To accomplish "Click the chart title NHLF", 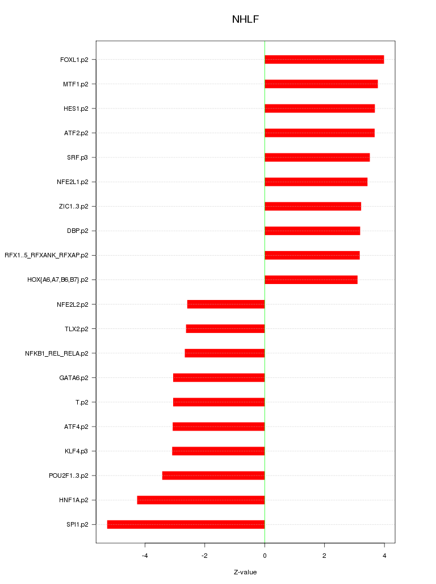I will point(245,20).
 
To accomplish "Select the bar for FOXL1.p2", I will point(324,60).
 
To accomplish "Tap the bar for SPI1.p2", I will point(186,524).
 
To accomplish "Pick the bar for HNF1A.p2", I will point(200,500).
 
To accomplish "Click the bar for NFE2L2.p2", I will point(226,304).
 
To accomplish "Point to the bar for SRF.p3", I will point(317,157).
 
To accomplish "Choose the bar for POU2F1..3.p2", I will point(213,475).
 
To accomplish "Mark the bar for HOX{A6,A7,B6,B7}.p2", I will point(311,280).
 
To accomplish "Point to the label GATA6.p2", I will point(74,378).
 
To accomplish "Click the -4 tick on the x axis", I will point(145,556).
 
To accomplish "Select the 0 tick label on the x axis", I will point(265,556).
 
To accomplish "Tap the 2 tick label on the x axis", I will point(324,556).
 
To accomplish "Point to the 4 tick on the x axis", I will point(384,556).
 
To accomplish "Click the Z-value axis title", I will point(245,572).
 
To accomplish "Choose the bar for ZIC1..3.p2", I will point(313,206).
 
